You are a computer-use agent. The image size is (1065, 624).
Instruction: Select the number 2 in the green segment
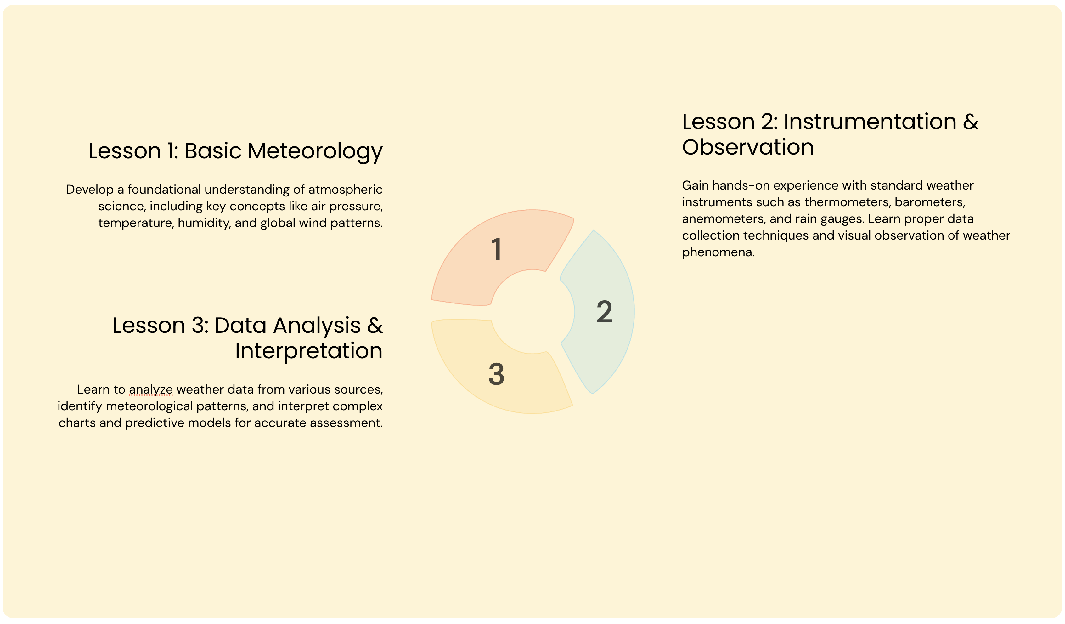point(604,312)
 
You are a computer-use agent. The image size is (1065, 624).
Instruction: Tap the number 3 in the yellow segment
point(497,374)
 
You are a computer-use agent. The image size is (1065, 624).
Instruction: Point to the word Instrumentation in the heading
point(870,122)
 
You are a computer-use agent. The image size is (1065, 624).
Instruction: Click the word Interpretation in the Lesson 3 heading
point(308,351)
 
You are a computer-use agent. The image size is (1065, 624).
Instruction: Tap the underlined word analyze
point(151,390)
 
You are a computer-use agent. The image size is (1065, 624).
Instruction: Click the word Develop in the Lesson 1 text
point(90,190)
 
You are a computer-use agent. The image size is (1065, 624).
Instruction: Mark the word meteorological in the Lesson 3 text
point(149,406)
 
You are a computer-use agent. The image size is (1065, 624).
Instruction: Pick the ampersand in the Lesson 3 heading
point(375,326)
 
